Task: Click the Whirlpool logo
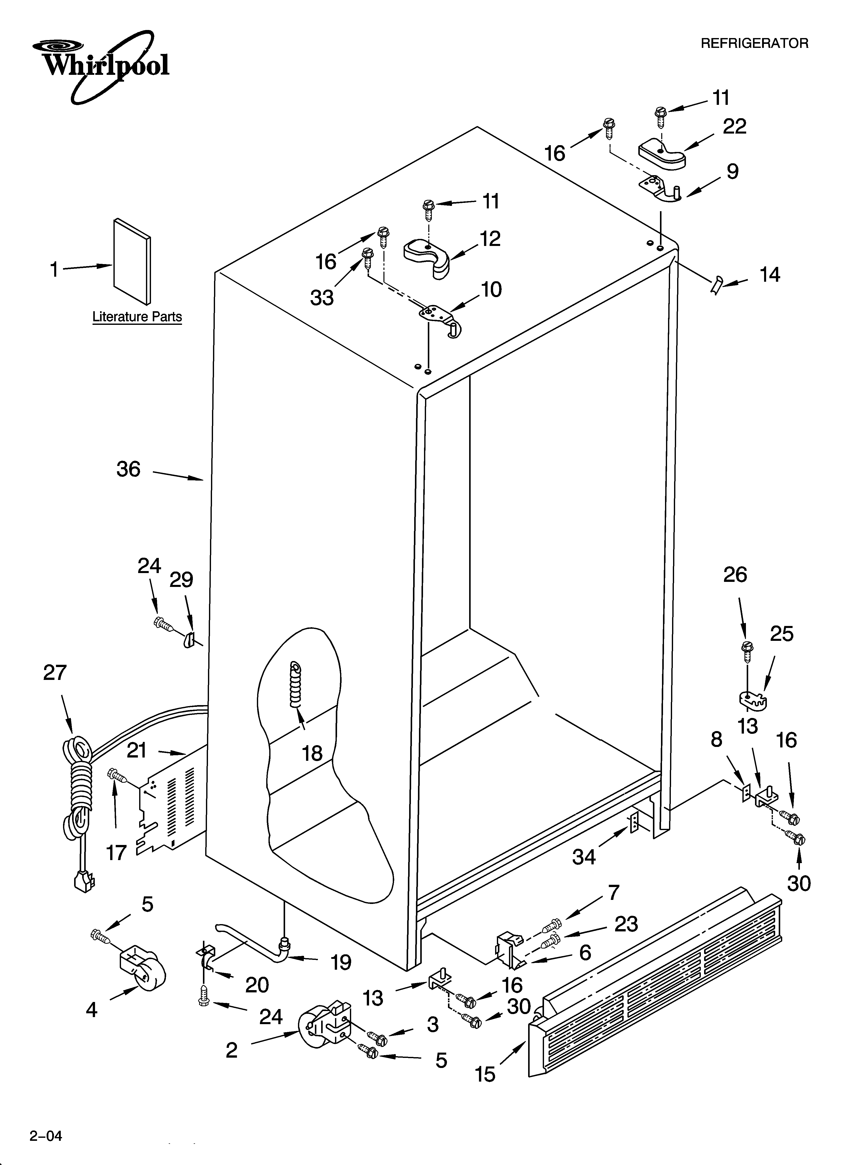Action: pos(100,66)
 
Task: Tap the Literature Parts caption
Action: pos(137,317)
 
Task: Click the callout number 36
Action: pos(128,469)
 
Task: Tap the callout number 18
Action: pos(312,753)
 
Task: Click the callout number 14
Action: pos(769,275)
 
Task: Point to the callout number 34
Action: pos(584,857)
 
